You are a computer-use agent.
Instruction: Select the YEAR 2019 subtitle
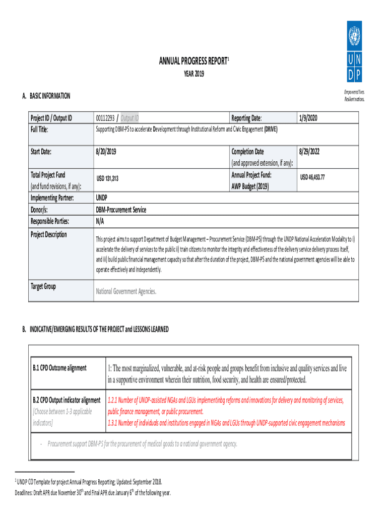[193, 75]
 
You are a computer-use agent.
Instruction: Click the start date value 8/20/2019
[109, 152]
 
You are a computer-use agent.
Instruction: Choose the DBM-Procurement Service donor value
[121, 210]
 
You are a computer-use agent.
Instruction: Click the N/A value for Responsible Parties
[100, 221]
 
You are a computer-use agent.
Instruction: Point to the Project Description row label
[48, 235]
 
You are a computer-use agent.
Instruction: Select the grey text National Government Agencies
[126, 291]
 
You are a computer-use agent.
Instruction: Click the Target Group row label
[43, 287]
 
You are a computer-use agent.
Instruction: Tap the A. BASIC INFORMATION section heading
[46, 96]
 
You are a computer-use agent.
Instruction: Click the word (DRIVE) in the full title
[271, 130]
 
